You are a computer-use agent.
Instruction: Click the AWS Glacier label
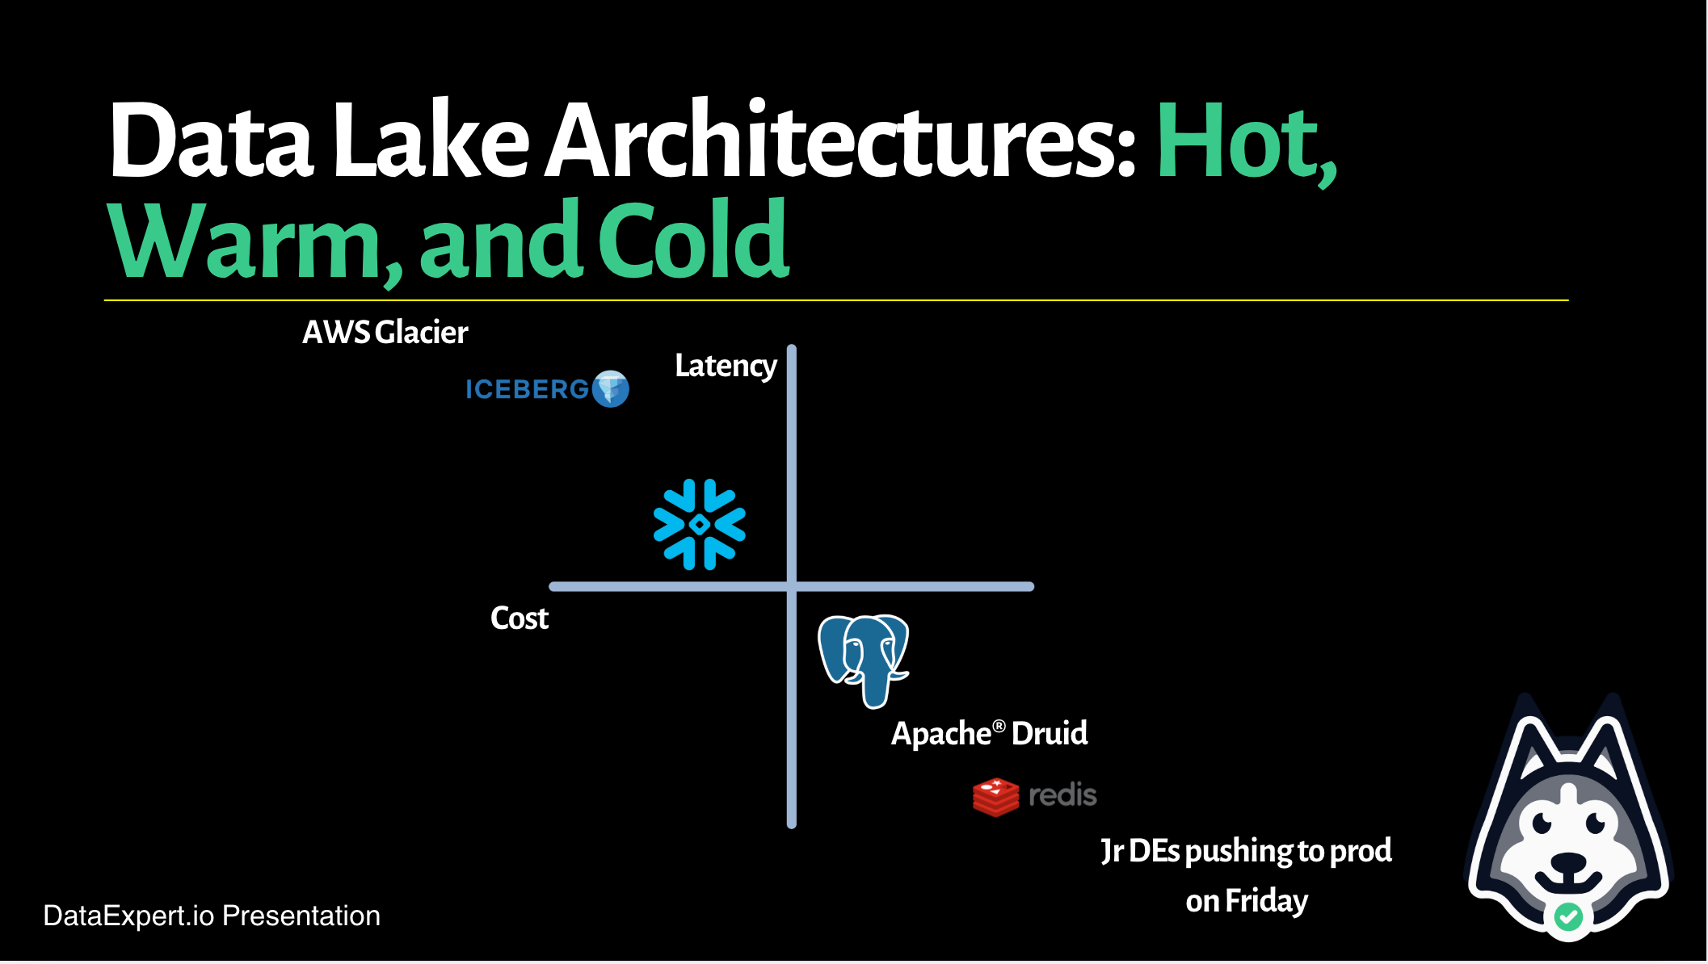pos(385,332)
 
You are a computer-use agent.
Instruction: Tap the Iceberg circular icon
pos(610,389)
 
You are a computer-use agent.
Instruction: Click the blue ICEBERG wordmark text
pos(527,389)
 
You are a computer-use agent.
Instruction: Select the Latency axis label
pos(726,366)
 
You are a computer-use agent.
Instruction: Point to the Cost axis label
pos(520,618)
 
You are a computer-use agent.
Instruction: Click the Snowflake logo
pos(700,525)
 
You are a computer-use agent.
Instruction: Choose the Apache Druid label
pos(989,733)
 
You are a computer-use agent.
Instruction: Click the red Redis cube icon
pos(995,796)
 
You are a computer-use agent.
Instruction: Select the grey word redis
pos(1062,795)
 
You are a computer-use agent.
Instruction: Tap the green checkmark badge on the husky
pos(1568,916)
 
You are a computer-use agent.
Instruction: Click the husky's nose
pos(1569,863)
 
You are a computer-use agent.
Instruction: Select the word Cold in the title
pos(693,241)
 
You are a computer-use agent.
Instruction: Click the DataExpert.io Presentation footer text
pos(212,916)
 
